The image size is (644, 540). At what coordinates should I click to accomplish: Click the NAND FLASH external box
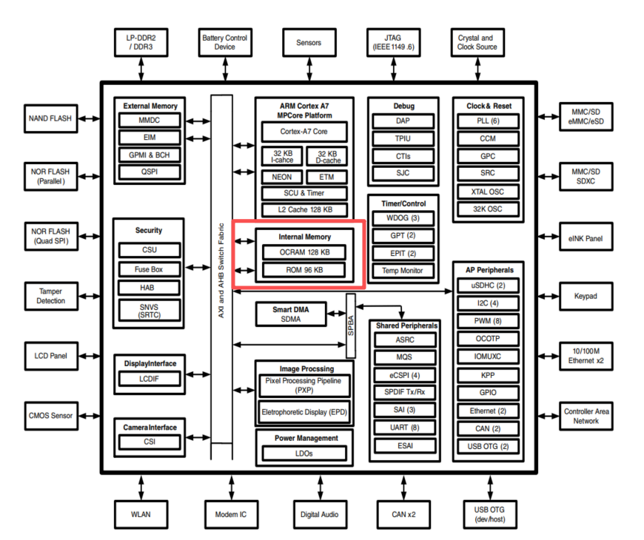(x=51, y=118)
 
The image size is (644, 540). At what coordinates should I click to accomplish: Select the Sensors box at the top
(x=309, y=43)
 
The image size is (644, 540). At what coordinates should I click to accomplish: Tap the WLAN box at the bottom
(x=141, y=515)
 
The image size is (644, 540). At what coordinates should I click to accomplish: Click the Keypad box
(x=586, y=297)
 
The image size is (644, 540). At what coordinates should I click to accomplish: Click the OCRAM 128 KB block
(x=304, y=252)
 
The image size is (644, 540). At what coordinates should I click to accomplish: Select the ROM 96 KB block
(x=304, y=270)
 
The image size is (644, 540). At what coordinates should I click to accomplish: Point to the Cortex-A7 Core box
(x=304, y=132)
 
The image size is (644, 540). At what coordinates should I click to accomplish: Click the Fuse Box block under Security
(x=149, y=269)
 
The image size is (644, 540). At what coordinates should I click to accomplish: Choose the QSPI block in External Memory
(x=150, y=172)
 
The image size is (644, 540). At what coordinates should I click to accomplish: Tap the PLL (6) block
(x=488, y=121)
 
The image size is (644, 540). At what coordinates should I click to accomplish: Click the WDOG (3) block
(x=403, y=218)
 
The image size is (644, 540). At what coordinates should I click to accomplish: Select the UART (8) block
(x=405, y=428)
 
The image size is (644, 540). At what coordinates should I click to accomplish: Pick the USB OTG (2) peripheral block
(x=488, y=447)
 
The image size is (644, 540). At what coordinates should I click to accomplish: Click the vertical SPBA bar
(x=351, y=325)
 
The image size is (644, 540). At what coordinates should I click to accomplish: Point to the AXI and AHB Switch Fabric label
(x=221, y=271)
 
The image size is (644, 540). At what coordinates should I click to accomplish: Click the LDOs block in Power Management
(x=304, y=453)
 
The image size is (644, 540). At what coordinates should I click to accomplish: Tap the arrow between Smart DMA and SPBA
(x=336, y=314)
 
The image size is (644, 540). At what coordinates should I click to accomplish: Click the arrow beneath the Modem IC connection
(x=232, y=487)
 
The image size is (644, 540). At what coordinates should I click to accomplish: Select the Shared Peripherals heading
(x=406, y=325)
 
